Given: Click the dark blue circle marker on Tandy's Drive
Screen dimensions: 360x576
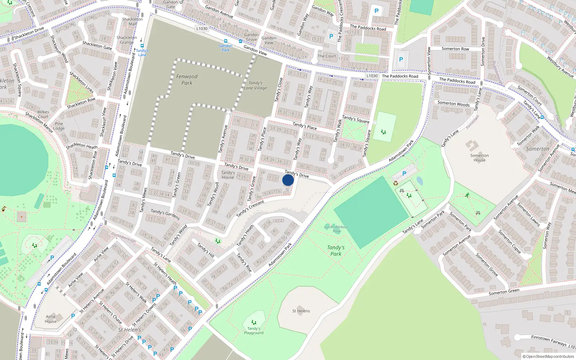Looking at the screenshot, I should pos(288,180).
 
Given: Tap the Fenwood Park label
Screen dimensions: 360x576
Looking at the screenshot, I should pos(187,80).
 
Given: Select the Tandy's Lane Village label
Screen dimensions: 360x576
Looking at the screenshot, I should pos(255,85).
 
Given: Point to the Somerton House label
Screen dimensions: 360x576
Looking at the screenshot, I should pos(480,158).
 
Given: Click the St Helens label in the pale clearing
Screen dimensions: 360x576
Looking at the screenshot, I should pos(301,311).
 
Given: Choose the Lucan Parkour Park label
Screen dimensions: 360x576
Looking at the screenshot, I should pos(336,229).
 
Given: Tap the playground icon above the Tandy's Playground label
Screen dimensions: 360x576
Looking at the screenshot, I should pos(254,322).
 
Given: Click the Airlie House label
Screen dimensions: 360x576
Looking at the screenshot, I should pos(51,319).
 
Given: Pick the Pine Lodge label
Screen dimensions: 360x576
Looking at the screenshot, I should pos(59,126).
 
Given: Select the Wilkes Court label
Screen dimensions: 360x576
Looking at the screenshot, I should pos(43,114).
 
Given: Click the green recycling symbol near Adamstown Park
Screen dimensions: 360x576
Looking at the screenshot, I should pos(396,183).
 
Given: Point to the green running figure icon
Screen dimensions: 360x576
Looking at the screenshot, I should pos(467,195).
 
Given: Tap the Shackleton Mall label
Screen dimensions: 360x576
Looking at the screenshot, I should pos(132,22).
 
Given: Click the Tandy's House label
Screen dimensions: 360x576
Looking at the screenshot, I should pos(228,175).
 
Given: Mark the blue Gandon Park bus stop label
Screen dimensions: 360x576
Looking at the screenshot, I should pos(226,48).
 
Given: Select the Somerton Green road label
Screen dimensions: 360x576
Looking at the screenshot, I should pos(504,292).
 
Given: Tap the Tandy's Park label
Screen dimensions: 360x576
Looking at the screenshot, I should pos(336,251).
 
